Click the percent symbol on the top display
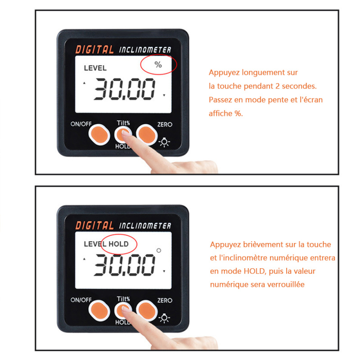[x=158, y=64]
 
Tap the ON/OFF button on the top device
[x=99, y=135]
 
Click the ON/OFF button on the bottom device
[x=99, y=310]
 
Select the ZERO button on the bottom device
[x=147, y=310]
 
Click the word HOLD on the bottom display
[x=118, y=244]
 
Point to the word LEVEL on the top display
[x=95, y=68]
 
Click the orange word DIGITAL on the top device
[x=94, y=49]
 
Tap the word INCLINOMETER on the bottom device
[x=145, y=226]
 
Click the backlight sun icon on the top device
[x=164, y=142]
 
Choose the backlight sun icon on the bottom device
[x=164, y=318]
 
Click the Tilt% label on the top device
[x=123, y=123]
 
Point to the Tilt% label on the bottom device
[x=123, y=299]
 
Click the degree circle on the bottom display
[x=159, y=251]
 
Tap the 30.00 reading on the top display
[x=124, y=89]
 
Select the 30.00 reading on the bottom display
[x=124, y=265]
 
